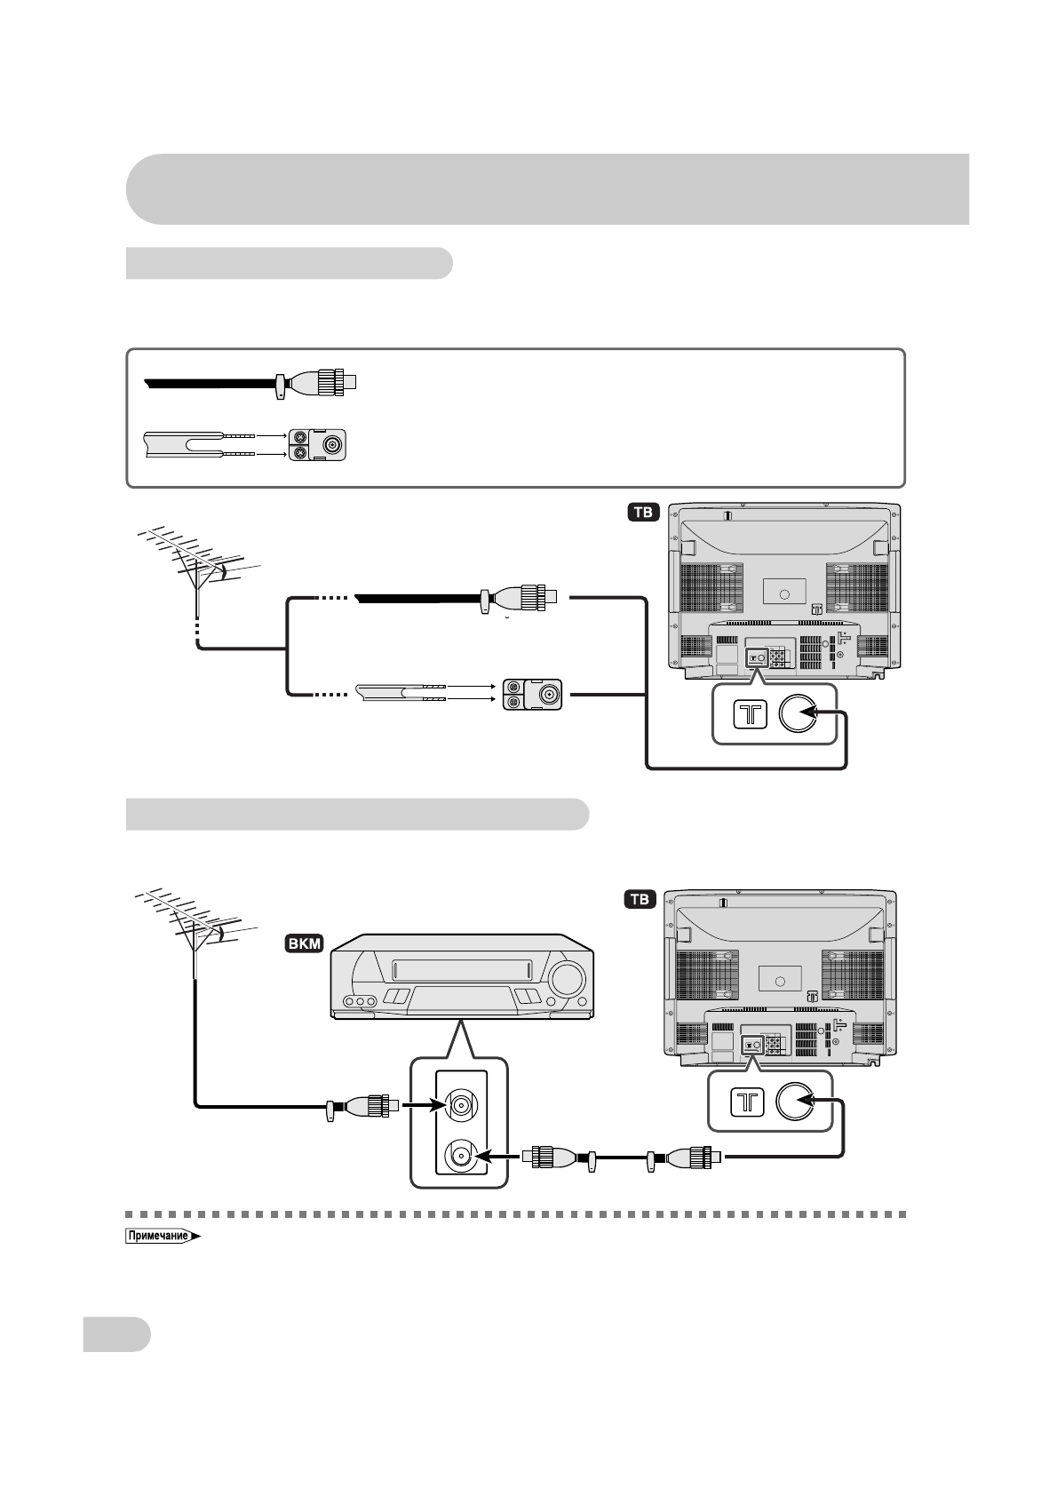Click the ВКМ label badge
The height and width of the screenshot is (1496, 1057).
(x=304, y=943)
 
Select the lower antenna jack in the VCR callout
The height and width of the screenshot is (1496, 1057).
(x=461, y=1156)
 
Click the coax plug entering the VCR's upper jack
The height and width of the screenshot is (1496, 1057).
(x=364, y=1107)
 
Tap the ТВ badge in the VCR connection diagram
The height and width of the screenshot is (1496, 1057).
(x=640, y=899)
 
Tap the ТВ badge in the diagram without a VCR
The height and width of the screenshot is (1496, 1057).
(x=643, y=513)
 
